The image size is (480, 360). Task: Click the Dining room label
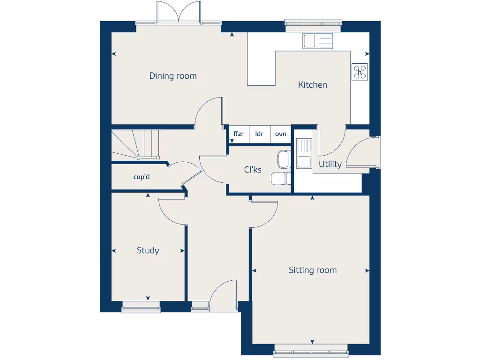click(173, 76)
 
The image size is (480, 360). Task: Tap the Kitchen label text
click(313, 85)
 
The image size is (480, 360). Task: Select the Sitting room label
click(312, 270)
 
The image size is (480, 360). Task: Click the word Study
click(148, 250)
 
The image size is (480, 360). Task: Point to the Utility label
click(330, 164)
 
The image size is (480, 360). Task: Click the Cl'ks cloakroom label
click(253, 170)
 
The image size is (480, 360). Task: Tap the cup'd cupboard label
click(142, 177)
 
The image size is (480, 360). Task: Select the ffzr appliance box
click(239, 134)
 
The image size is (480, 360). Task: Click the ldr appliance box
click(259, 134)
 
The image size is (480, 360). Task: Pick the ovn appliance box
click(280, 134)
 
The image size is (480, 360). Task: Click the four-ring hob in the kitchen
click(360, 72)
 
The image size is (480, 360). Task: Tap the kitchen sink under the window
click(317, 41)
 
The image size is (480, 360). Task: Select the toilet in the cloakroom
click(280, 178)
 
